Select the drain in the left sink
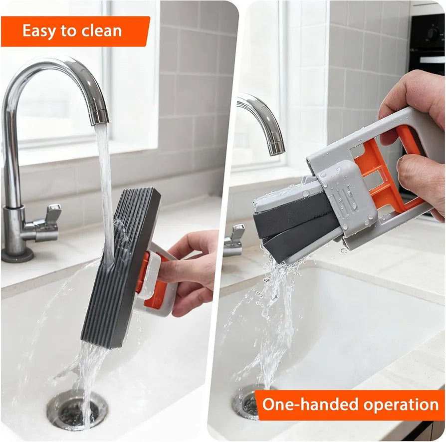pyautogui.click(x=77, y=410)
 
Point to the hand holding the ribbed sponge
pyautogui.click(x=192, y=272)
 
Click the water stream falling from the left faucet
pyautogui.click(x=105, y=190)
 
